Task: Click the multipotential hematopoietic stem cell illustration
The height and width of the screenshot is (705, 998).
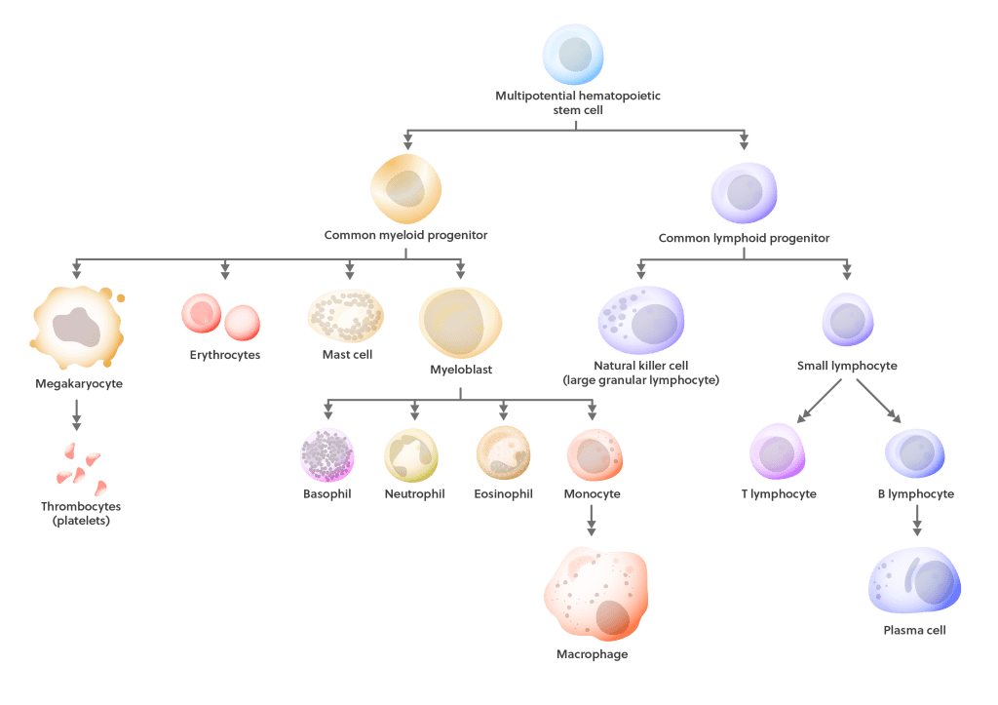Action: (x=573, y=55)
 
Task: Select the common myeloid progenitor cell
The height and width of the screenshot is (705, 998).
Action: (x=406, y=189)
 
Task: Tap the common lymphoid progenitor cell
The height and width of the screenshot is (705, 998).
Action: (x=744, y=193)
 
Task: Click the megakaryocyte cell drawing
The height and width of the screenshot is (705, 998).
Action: (x=78, y=328)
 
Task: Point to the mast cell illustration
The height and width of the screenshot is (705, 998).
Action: (x=346, y=316)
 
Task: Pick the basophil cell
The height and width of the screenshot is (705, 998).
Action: (x=327, y=454)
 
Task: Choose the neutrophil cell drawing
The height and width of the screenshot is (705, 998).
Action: (x=411, y=455)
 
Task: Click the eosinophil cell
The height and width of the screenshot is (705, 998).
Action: (x=504, y=452)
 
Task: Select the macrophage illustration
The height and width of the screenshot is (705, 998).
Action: (x=595, y=594)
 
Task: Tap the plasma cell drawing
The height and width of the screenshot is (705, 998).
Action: (x=914, y=580)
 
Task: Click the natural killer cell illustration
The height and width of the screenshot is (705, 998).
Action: (x=641, y=320)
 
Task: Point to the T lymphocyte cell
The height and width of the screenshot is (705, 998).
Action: (x=778, y=451)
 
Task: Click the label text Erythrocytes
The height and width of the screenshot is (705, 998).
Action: (x=225, y=355)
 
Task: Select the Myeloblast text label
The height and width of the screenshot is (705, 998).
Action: (x=461, y=370)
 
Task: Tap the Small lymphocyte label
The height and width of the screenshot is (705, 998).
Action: (x=847, y=366)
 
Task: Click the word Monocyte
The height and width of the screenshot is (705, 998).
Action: (x=592, y=493)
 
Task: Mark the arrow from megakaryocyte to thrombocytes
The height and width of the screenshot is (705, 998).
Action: (x=76, y=414)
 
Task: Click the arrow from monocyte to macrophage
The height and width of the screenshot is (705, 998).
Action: (x=592, y=521)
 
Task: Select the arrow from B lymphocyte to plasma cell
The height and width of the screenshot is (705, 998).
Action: (x=917, y=521)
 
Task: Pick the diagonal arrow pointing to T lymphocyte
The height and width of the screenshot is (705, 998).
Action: (x=820, y=401)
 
